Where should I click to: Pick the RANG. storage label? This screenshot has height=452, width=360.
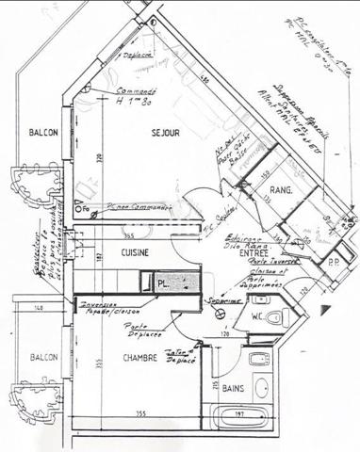click(282, 190)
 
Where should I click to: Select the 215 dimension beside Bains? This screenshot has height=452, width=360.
click(217, 386)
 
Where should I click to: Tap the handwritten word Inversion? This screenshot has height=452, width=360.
click(96, 304)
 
